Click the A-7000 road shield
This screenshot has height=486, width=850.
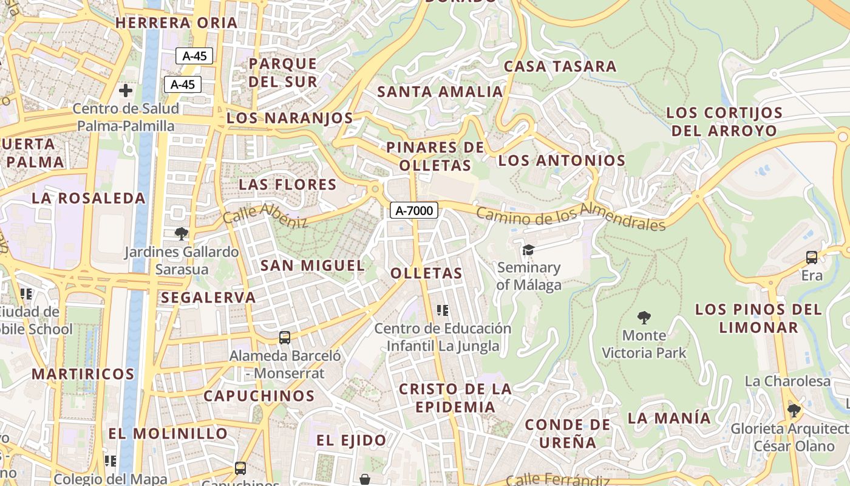tap(414, 211)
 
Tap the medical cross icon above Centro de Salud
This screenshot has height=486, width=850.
tap(126, 91)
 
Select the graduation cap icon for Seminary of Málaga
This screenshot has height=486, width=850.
tap(528, 250)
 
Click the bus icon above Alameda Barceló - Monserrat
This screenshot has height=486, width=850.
tap(284, 338)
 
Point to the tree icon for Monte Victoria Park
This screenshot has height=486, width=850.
tap(644, 317)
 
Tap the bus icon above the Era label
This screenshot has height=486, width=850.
tap(811, 258)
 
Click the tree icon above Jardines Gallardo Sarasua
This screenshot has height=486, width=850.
tap(181, 233)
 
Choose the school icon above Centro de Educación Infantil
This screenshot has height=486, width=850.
tap(442, 310)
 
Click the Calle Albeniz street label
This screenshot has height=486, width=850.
tap(265, 216)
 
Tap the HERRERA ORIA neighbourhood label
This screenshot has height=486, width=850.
tap(176, 23)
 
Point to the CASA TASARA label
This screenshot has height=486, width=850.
tap(560, 66)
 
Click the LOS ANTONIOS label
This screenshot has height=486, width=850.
tap(561, 161)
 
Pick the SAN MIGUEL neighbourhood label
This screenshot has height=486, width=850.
tap(313, 265)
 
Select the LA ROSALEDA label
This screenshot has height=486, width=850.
tap(89, 198)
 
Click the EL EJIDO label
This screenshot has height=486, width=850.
tap(352, 440)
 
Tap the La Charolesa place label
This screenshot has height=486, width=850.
tap(787, 381)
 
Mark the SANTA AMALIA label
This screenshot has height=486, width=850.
tap(440, 92)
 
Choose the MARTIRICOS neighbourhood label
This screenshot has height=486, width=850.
tap(83, 374)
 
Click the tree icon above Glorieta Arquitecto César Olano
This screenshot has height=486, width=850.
tap(794, 411)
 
